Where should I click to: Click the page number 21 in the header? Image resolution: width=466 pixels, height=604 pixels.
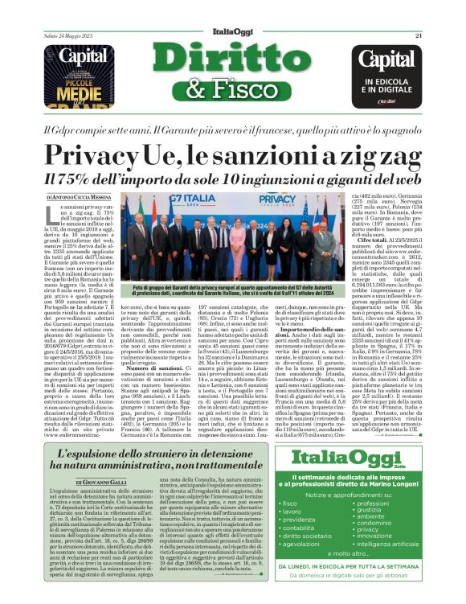pyautogui.click(x=418, y=13)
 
